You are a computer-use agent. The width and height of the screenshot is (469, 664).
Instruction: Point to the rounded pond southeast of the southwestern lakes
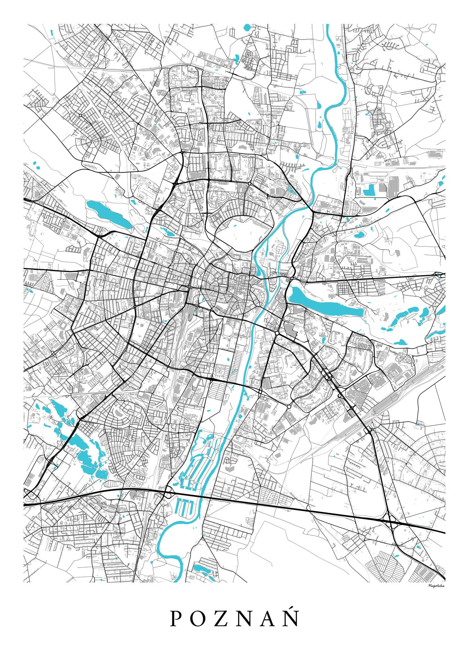(102, 474)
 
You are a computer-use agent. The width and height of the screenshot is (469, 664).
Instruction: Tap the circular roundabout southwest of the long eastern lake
(277, 333)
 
